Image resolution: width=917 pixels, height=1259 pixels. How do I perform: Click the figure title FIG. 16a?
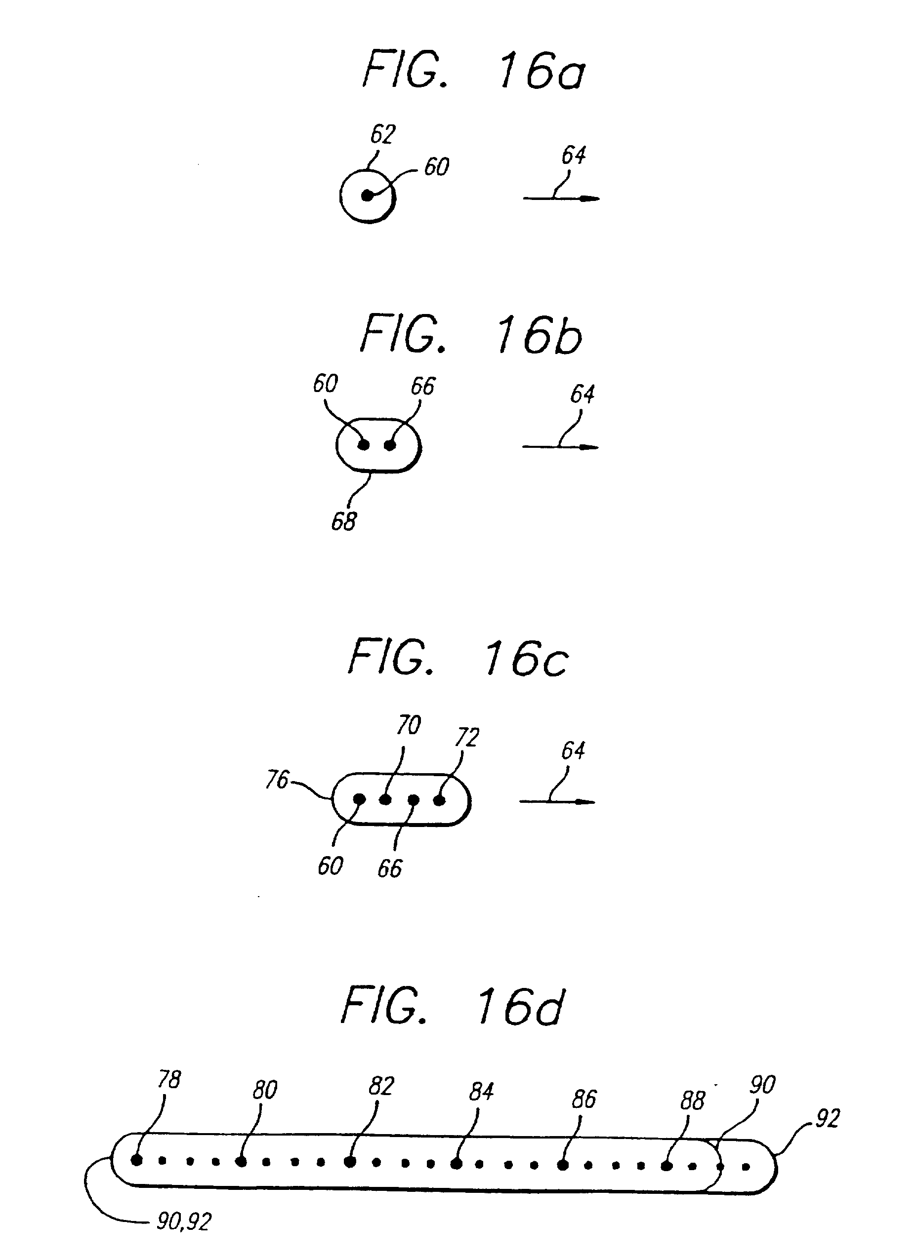point(473,71)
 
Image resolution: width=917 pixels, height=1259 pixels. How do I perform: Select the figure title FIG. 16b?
point(471,335)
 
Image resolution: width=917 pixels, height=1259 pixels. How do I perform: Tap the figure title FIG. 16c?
point(458,658)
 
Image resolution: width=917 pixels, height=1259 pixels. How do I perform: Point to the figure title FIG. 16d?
point(453,1006)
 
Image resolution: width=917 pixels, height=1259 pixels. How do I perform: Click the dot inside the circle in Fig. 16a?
point(367,196)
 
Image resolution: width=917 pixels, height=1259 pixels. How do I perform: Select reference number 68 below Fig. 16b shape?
point(343,521)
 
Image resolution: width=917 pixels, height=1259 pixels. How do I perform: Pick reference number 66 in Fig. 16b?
point(422,386)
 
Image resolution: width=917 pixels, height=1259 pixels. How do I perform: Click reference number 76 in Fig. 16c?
point(277,780)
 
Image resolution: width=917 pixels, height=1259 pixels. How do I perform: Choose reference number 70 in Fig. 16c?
point(408,725)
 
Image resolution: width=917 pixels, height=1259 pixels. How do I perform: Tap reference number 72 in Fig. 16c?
point(466,737)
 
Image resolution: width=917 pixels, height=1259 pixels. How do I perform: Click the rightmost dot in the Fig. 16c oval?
point(439,800)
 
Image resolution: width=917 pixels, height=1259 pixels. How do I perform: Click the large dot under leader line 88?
point(667,1166)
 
